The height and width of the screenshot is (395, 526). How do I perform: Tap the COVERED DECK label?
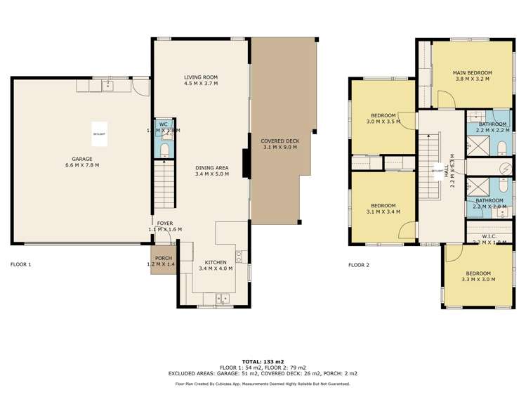tap(280, 141)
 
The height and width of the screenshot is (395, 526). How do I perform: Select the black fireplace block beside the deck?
tap(246, 163)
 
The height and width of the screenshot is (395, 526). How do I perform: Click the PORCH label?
tap(164, 257)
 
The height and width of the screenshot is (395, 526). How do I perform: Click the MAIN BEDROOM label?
tap(472, 72)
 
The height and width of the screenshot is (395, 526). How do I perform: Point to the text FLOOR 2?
tap(358, 265)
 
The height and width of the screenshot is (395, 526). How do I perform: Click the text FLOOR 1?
tap(21, 265)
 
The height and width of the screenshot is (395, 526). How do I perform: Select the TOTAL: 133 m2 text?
tap(262, 361)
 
